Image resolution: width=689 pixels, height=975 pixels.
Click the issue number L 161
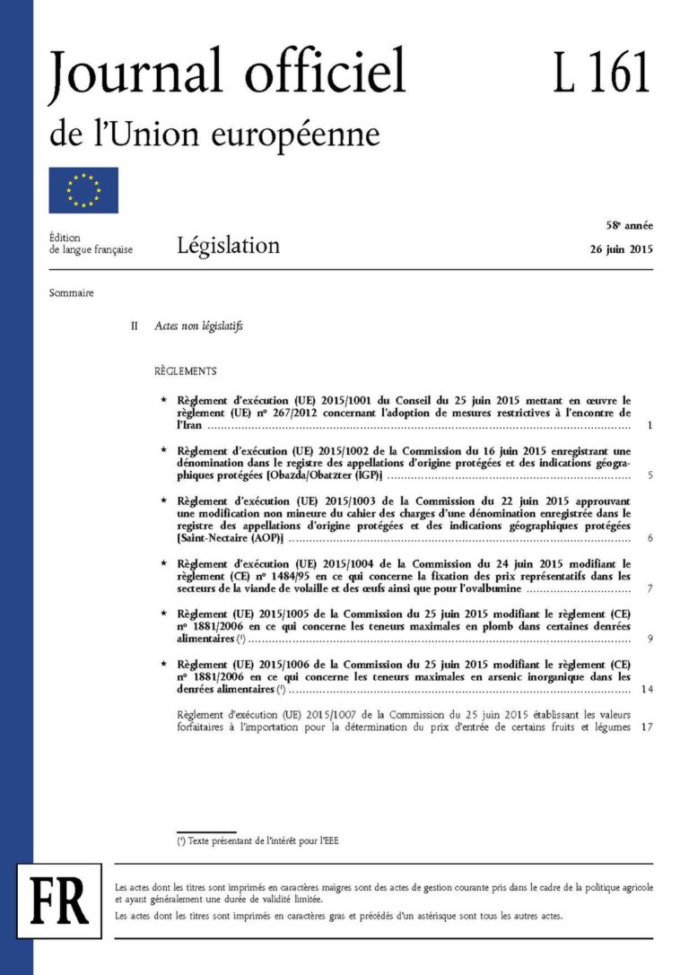pos(601,74)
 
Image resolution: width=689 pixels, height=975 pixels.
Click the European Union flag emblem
pos(83,190)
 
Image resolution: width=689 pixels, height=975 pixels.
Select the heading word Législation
pos(228,245)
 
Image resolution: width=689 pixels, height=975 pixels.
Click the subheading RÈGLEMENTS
pos(185,371)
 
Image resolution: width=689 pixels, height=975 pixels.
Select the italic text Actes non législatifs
pos(198,326)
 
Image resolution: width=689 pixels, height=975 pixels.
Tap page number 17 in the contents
pos(646,727)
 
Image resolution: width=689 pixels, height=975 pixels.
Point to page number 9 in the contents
pos(649,640)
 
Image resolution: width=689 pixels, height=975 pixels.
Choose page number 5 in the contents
pos(649,476)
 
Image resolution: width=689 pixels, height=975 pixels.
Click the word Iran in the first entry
pos(188,426)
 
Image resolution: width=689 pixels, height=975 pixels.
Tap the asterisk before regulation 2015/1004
pos(163,563)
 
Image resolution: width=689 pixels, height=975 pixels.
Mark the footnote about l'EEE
pos(257,841)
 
